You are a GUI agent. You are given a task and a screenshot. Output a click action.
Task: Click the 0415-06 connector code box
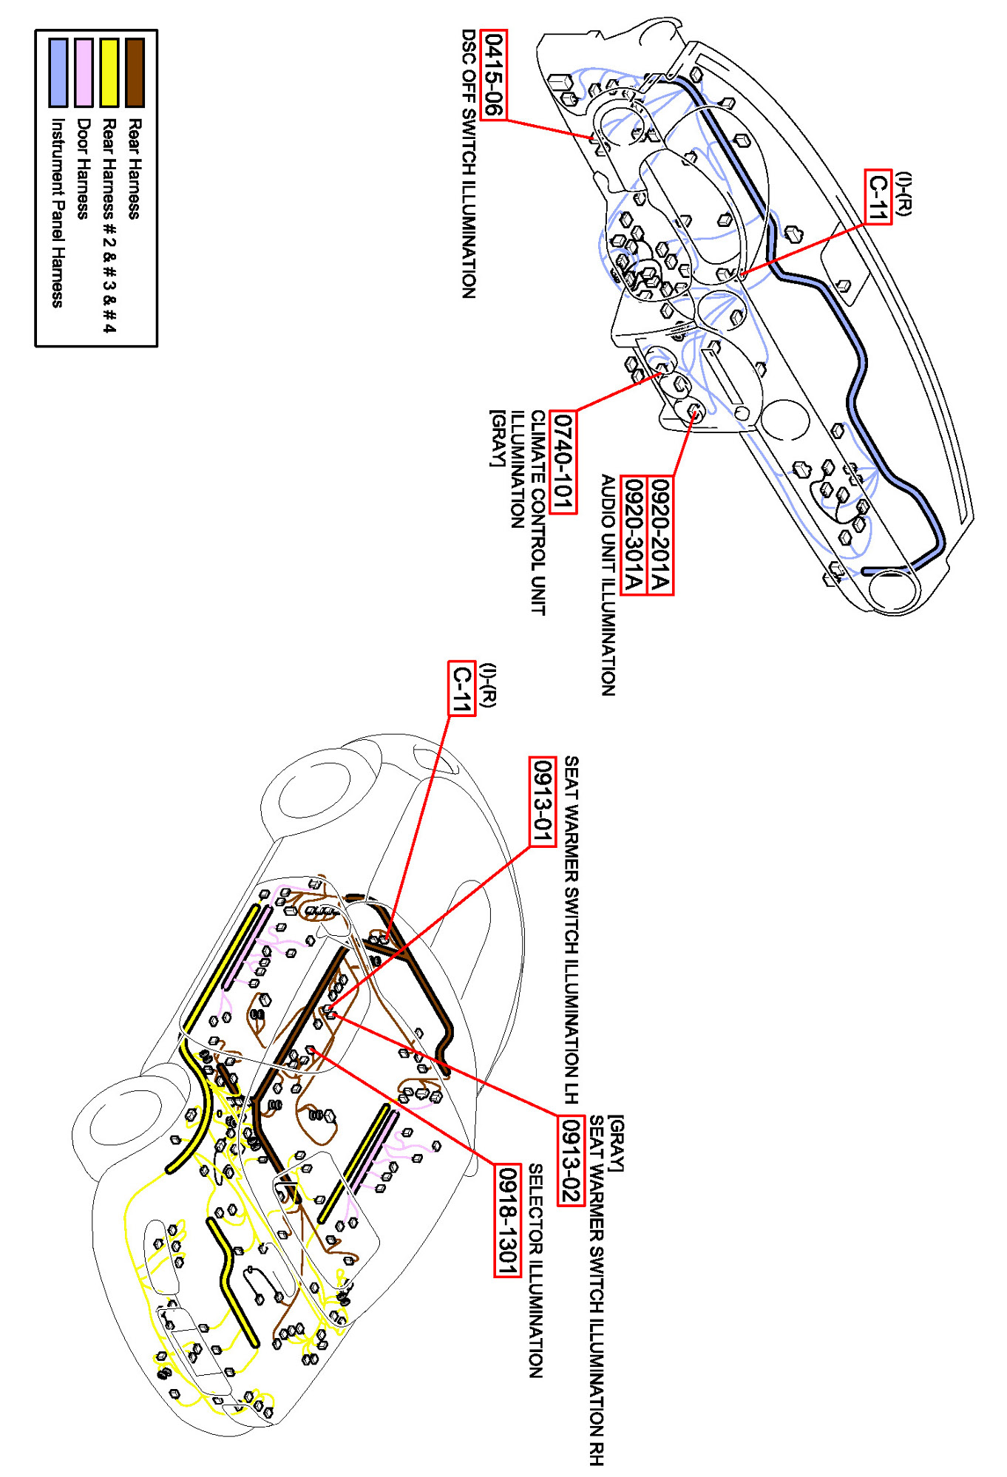(x=493, y=75)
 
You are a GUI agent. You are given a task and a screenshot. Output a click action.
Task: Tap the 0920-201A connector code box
(x=660, y=535)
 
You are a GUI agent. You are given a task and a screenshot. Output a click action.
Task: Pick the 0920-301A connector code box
(x=633, y=535)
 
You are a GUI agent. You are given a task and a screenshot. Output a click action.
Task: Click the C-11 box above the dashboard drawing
(x=878, y=196)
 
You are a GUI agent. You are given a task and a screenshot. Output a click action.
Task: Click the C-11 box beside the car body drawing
(x=462, y=688)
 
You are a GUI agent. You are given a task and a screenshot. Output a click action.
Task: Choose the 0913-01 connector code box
(x=543, y=801)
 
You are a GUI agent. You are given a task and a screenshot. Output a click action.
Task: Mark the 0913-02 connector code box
(x=570, y=1160)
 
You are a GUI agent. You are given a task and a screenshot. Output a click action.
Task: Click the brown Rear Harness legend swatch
(x=135, y=72)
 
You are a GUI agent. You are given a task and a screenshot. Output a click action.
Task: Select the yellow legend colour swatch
(x=109, y=72)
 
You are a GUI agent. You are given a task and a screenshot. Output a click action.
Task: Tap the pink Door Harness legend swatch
(x=84, y=72)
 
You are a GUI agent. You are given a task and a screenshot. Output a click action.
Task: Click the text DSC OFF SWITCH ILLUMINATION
(x=469, y=163)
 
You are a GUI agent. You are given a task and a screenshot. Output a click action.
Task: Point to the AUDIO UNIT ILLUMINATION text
(x=608, y=585)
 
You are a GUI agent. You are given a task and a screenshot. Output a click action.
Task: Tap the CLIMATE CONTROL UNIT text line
(x=538, y=512)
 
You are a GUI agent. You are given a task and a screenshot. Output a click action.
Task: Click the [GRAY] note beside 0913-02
(x=617, y=1143)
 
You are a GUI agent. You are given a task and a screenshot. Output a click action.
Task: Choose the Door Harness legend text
(x=84, y=169)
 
